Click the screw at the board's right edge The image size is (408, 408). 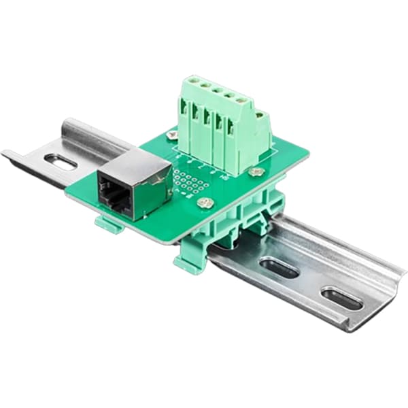256,172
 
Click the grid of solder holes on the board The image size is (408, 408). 190,182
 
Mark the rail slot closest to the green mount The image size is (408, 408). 279,269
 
